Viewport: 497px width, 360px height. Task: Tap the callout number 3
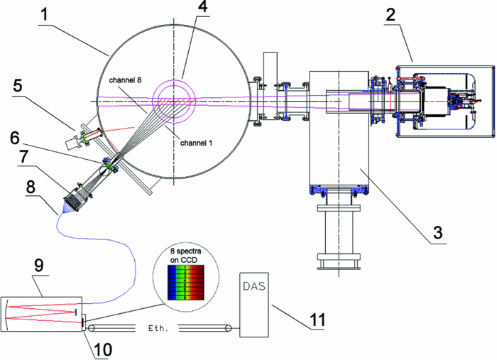tap(439, 230)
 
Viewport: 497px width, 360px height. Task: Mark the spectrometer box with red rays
tap(43, 313)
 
